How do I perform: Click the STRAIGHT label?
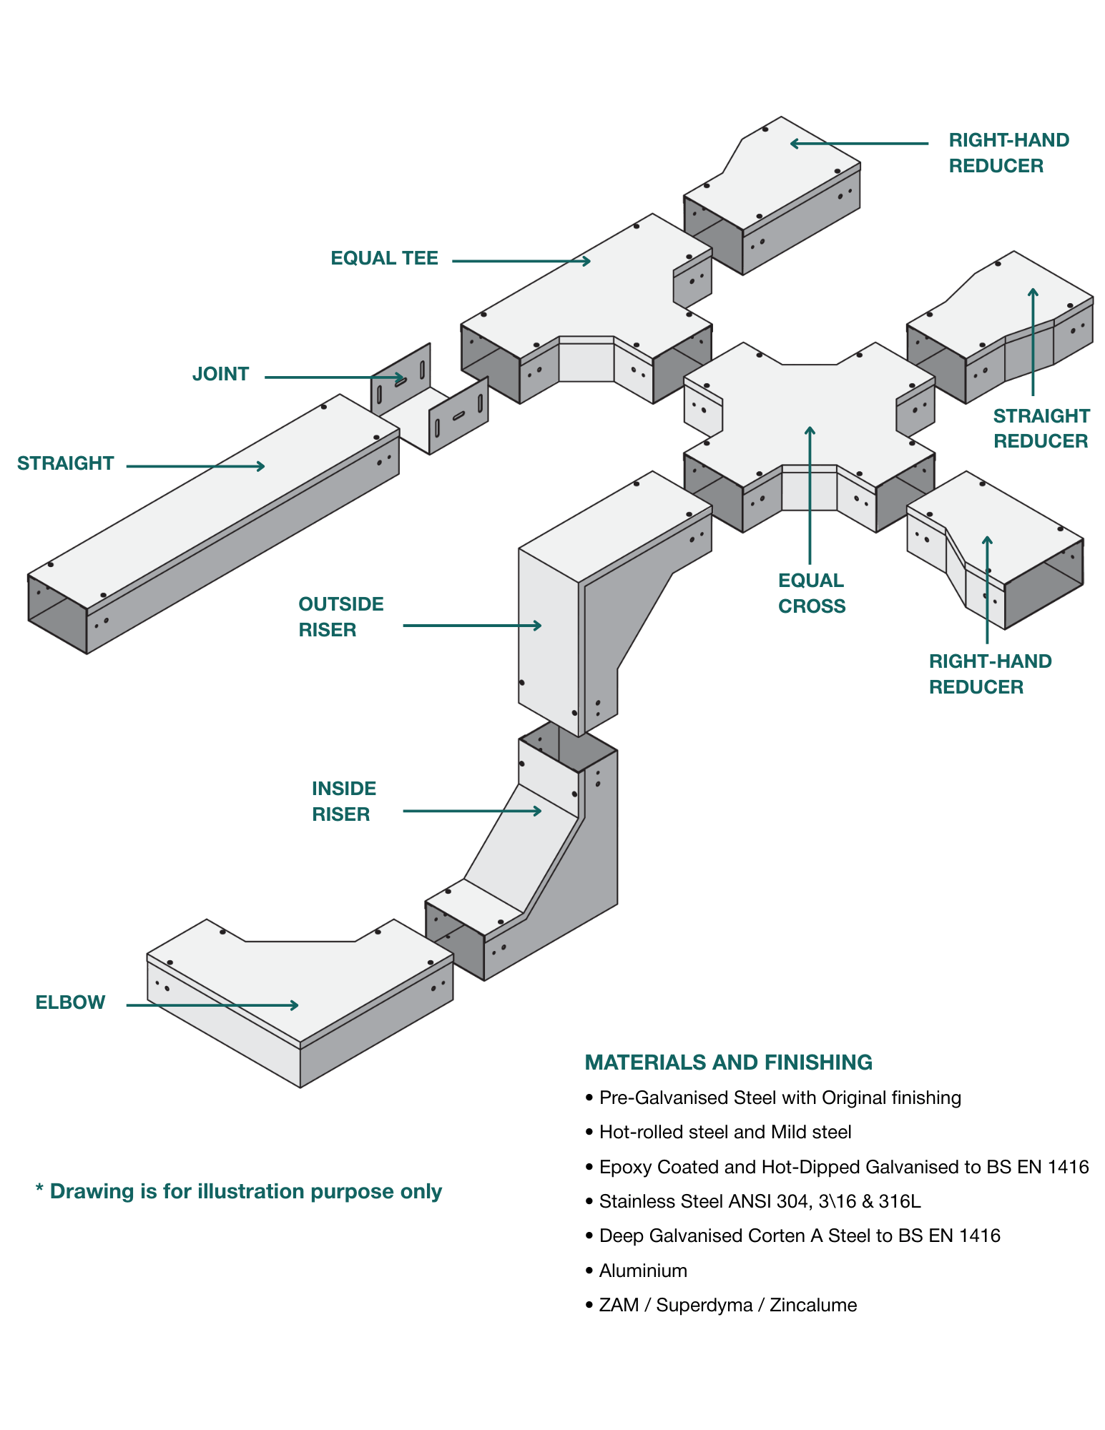coord(65,463)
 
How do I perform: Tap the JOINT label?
coord(220,374)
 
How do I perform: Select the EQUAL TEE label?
coord(384,258)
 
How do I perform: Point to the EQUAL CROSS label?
coord(812,593)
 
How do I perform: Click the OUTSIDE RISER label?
coord(341,617)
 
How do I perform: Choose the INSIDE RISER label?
coord(344,802)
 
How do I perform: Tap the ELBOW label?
coord(70,1002)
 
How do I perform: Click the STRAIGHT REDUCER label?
coord(1041,428)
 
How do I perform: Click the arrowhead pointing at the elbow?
coord(294,1005)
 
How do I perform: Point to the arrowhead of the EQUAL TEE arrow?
coord(586,261)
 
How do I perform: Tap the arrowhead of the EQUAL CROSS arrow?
coord(810,431)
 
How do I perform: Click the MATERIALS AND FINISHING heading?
coord(728,1062)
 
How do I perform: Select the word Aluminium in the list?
coord(643,1271)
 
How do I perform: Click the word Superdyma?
coord(704,1306)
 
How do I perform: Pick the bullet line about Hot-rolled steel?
coord(719,1133)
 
